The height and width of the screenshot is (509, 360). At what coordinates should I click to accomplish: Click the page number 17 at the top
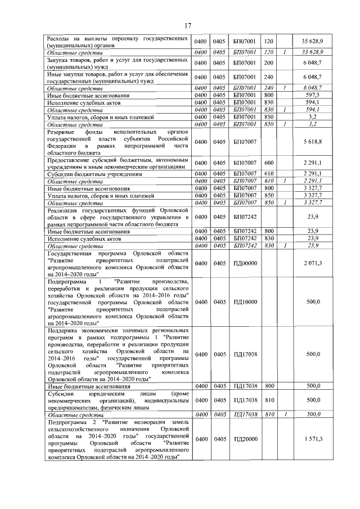coord(188,25)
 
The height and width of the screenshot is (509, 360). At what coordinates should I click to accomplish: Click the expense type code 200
coord(268,62)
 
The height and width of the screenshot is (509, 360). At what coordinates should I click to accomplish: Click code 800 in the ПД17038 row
coord(269,386)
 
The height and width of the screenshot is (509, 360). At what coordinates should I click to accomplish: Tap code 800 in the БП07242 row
coord(269,231)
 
